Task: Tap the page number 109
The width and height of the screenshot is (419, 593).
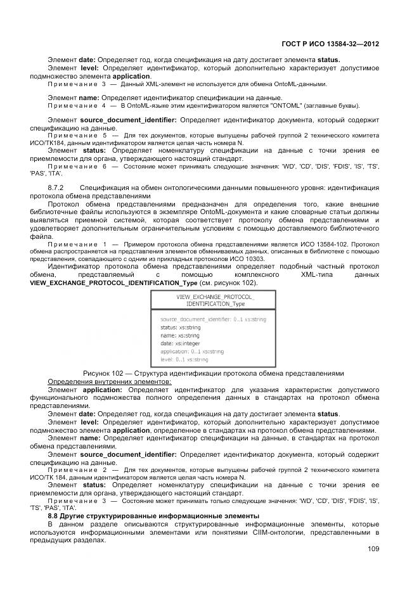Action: point(373,549)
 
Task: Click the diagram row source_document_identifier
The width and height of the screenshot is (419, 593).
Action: point(212,319)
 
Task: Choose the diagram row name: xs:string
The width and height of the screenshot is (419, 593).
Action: point(179,335)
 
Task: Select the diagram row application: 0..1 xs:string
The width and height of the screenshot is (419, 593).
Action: point(191,351)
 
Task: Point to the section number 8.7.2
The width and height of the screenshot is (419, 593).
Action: point(58,188)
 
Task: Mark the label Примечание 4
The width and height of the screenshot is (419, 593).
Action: point(80,105)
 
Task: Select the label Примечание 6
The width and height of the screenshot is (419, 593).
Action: point(80,166)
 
